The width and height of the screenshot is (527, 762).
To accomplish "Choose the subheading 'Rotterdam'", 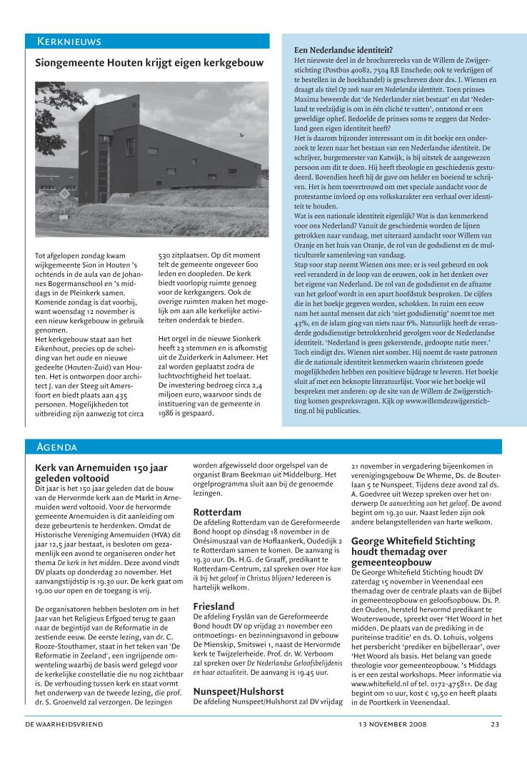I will pos(217,512).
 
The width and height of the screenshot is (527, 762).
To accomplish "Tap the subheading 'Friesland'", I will pos(214,606).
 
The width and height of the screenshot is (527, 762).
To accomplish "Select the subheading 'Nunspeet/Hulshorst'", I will pos(239,691).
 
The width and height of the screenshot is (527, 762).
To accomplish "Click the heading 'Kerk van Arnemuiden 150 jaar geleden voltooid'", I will pos(101,474).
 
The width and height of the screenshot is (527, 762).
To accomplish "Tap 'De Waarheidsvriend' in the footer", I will pos(64,724).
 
